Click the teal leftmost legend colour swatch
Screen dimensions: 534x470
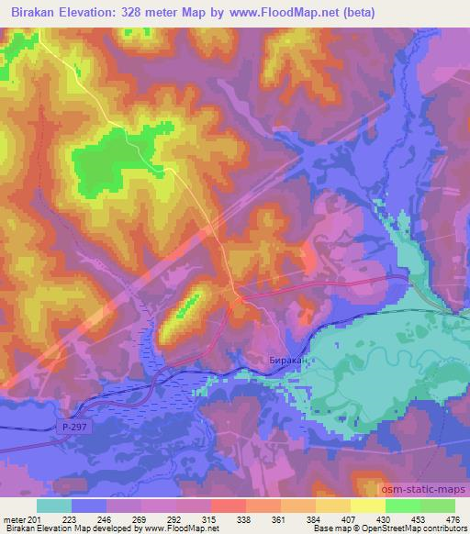click(x=53, y=506)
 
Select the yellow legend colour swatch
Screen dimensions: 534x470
click(x=368, y=506)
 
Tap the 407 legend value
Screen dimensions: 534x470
click(x=347, y=519)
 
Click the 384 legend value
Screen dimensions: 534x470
click(x=313, y=519)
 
